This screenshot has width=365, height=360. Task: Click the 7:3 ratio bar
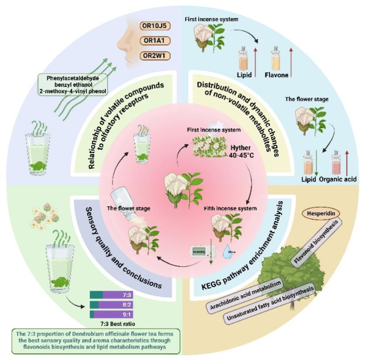[x=115, y=295]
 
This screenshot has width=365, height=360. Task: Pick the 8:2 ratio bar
[x=115, y=305]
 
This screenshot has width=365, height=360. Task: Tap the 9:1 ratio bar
[x=115, y=314]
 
